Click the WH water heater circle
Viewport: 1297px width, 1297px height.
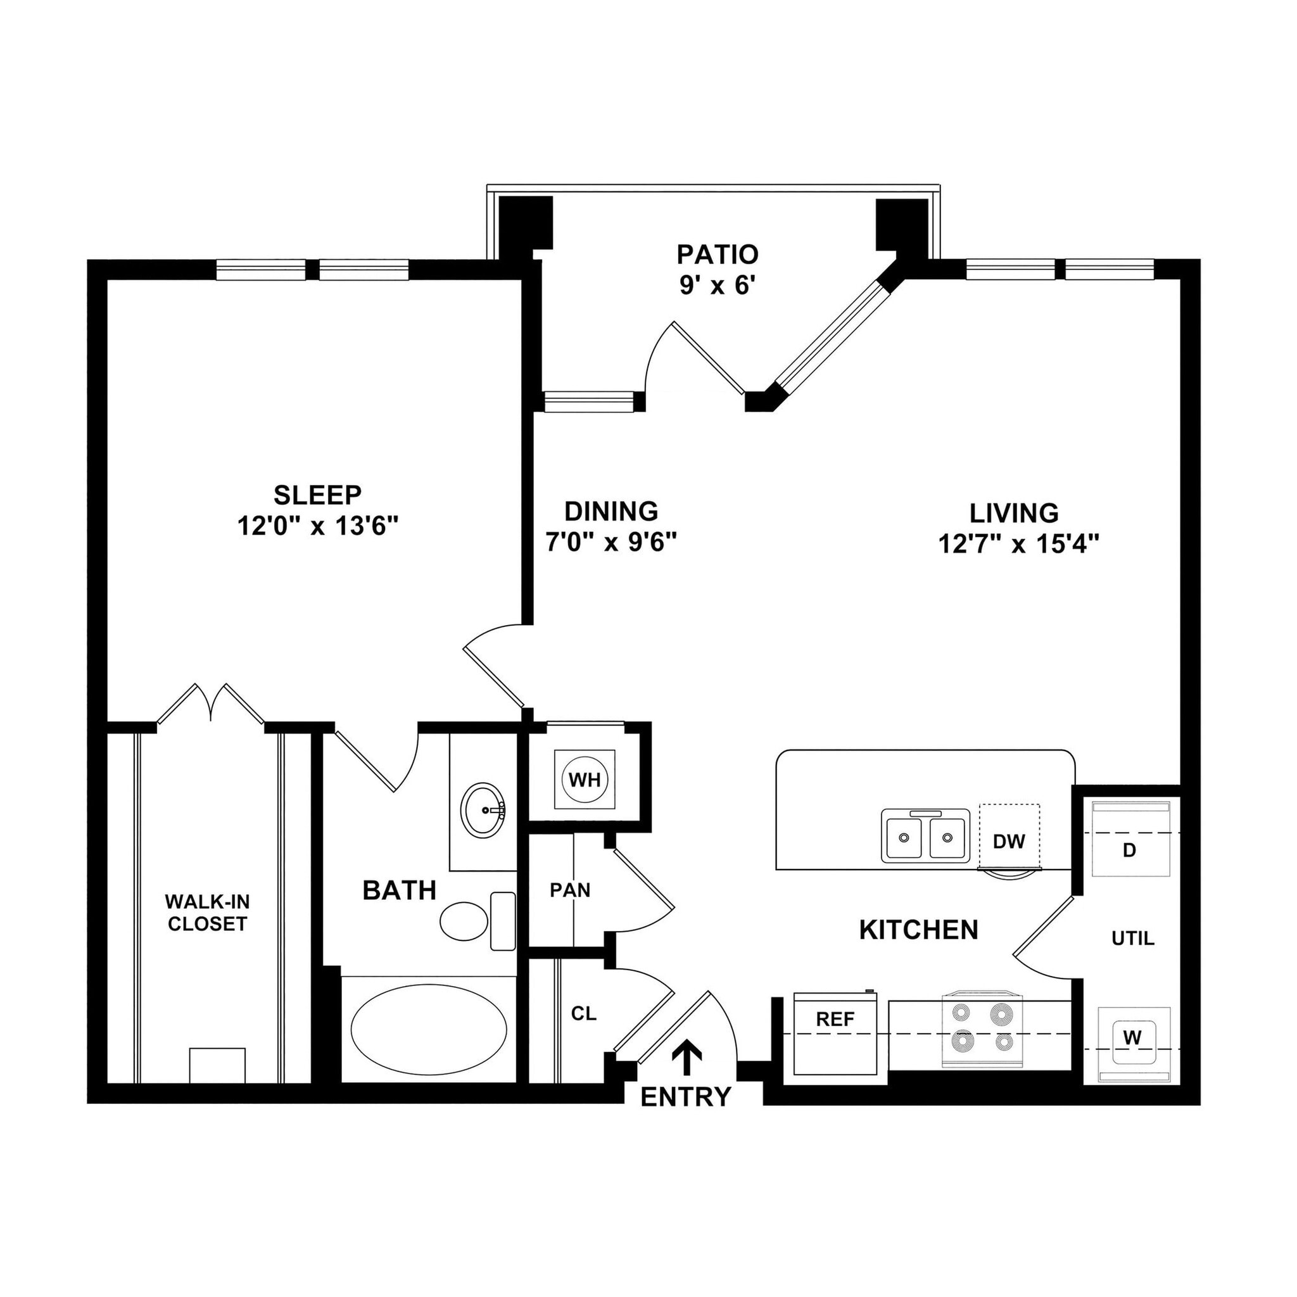pyautogui.click(x=584, y=780)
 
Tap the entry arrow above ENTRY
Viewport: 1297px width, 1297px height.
pyautogui.click(x=686, y=1059)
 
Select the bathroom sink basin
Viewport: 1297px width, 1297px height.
pyautogui.click(x=483, y=809)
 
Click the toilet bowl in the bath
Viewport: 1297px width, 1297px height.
pyautogui.click(x=464, y=921)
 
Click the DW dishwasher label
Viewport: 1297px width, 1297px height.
pyautogui.click(x=1009, y=841)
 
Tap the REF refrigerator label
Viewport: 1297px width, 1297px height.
pyautogui.click(x=835, y=1020)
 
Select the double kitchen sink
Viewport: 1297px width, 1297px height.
pyautogui.click(x=925, y=836)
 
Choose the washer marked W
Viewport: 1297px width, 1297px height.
pyautogui.click(x=1132, y=1038)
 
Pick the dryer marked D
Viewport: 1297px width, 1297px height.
pyautogui.click(x=1130, y=851)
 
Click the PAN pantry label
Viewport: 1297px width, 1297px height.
pyautogui.click(x=570, y=890)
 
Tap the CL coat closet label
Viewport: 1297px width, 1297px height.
pyautogui.click(x=583, y=1014)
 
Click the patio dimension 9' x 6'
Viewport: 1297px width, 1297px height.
pyautogui.click(x=717, y=286)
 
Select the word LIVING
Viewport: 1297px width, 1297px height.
pyautogui.click(x=1014, y=513)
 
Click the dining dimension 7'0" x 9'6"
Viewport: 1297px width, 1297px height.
pyautogui.click(x=611, y=541)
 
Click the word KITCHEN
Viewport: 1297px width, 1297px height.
pyautogui.click(x=918, y=930)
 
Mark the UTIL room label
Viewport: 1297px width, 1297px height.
pyautogui.click(x=1132, y=939)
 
